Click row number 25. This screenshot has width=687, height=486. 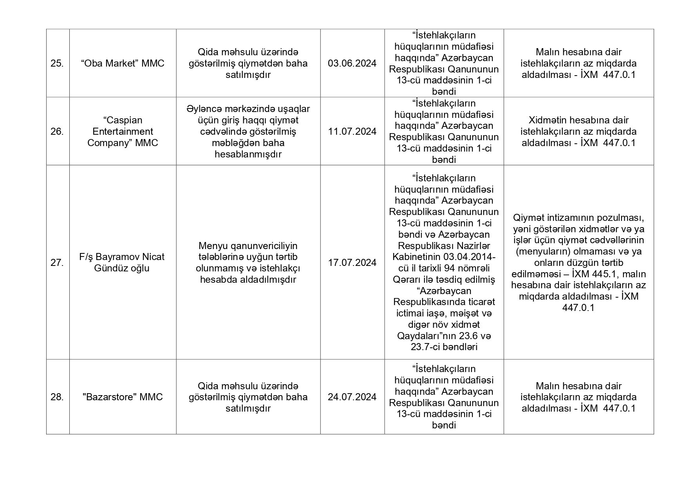pyautogui.click(x=57, y=63)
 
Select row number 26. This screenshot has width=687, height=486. pyautogui.click(x=57, y=132)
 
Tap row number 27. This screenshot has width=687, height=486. pyautogui.click(x=57, y=263)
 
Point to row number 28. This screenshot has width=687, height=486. pyautogui.click(x=57, y=397)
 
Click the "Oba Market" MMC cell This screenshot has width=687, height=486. pyautogui.click(x=123, y=63)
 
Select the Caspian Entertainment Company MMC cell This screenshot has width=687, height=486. pyautogui.click(x=123, y=132)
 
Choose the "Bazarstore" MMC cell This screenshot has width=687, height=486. pyautogui.click(x=123, y=397)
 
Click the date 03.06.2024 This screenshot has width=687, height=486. pyautogui.click(x=352, y=63)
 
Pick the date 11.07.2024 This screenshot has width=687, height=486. pyautogui.click(x=352, y=132)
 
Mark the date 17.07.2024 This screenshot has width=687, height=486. pyautogui.click(x=352, y=263)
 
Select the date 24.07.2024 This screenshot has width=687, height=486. pyautogui.click(x=352, y=397)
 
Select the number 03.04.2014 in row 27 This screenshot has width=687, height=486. pyautogui.click(x=469, y=257)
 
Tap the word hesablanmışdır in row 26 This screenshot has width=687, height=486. pyautogui.click(x=248, y=154)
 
